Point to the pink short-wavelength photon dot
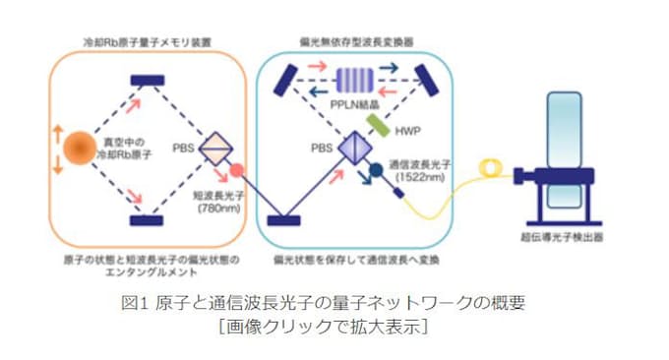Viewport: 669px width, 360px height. (x=235, y=174)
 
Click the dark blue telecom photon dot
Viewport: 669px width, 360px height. (x=377, y=174)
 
